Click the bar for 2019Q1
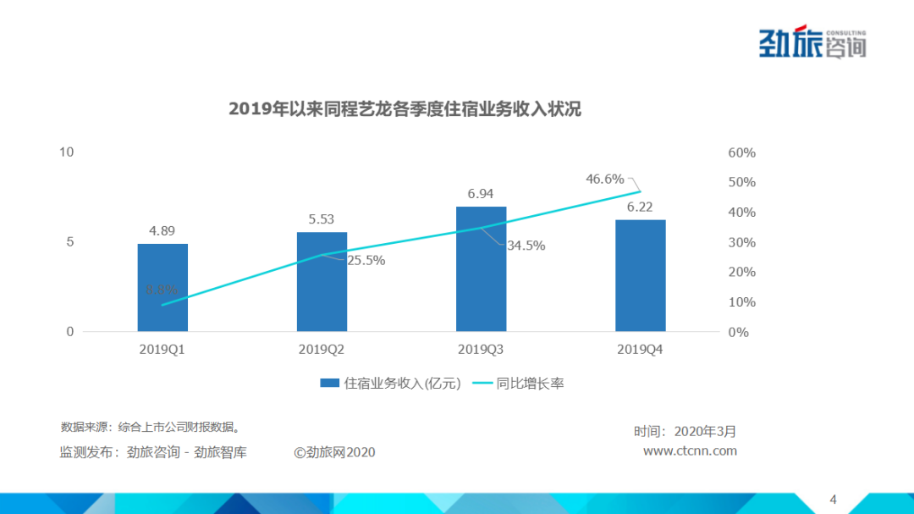pos(162,288)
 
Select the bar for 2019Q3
pos(481,269)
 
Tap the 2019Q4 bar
pos(640,276)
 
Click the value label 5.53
pos(322,219)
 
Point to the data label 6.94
pos(481,194)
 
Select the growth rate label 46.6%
pos(604,180)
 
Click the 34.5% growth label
pos(526,246)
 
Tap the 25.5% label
pos(366,261)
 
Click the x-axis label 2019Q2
pos(322,349)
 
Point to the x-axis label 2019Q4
pos(640,349)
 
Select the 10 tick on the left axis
pos(67,152)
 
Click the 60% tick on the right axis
pos(741,153)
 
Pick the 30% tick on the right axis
pos(741,243)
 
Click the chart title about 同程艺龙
pos(405,109)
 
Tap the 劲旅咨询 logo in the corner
pos(812,42)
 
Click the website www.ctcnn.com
pos(690,451)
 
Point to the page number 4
pos(833,499)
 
